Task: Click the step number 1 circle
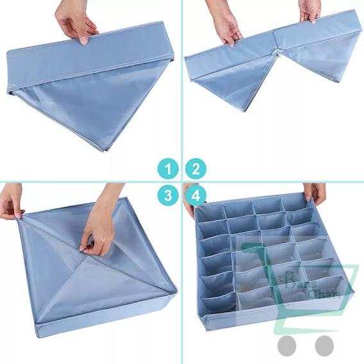[x=168, y=170]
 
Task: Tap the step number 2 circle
[x=195, y=170]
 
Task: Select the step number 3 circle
[x=168, y=196]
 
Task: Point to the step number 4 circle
[x=195, y=196]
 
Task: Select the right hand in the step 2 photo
[x=310, y=9]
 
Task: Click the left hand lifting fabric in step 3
[x=12, y=200]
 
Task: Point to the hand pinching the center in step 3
[x=100, y=221]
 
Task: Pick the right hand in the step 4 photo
[x=315, y=192]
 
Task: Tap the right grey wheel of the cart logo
[x=324, y=345]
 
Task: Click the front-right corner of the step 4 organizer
[x=353, y=281]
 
